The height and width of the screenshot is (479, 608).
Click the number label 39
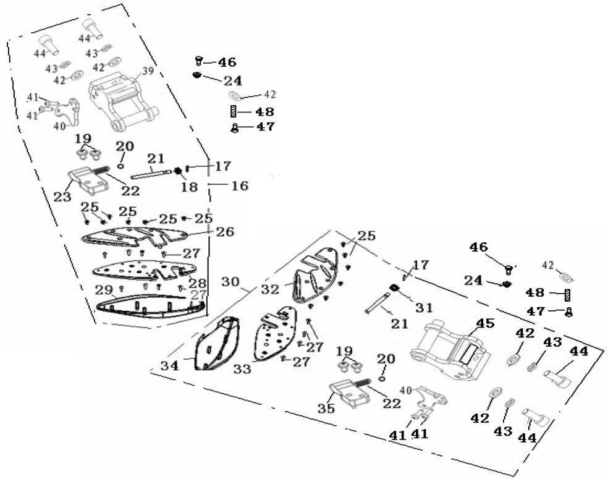tap(148, 71)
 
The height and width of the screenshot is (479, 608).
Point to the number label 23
tap(61, 197)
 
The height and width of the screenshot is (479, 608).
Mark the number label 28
tap(198, 282)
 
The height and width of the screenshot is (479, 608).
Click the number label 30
tap(230, 282)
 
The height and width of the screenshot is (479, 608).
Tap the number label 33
tap(242, 369)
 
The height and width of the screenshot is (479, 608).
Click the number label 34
tap(170, 365)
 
